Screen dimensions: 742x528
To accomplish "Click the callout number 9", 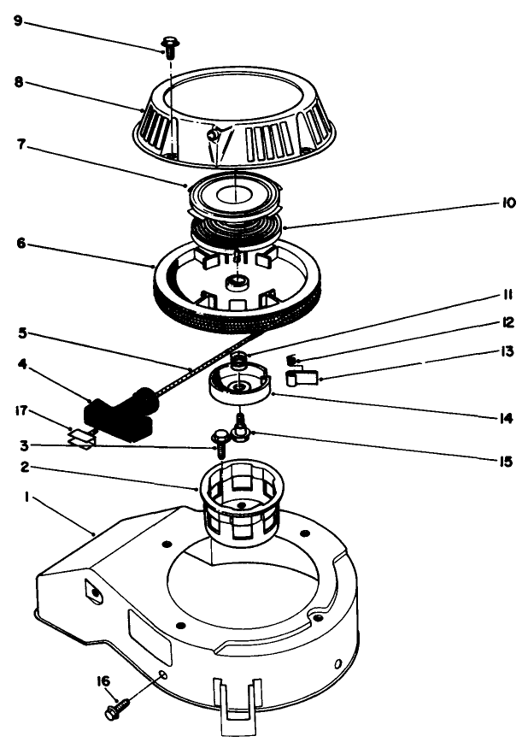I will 19,20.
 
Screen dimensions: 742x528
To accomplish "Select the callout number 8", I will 19,84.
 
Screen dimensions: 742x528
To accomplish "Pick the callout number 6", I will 19,244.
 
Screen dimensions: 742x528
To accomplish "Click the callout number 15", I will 507,461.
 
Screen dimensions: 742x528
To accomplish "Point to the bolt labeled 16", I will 116,707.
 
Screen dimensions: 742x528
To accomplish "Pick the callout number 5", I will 19,330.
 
